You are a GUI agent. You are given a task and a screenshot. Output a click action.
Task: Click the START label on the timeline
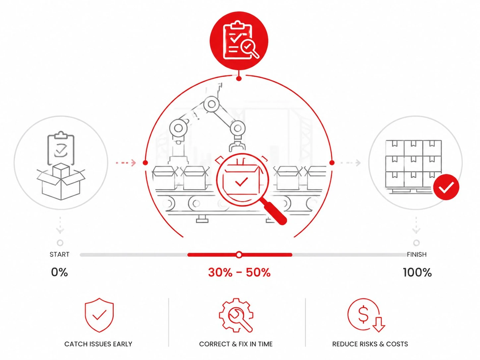tap(59, 255)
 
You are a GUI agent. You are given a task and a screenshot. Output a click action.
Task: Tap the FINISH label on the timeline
tap(417, 255)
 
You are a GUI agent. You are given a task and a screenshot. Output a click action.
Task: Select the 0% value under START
tap(59, 272)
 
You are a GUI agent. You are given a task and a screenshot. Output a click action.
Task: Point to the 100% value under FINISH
tap(417, 272)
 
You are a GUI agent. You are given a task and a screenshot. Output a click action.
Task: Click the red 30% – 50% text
tap(239, 272)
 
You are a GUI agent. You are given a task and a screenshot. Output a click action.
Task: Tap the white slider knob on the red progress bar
tap(239, 255)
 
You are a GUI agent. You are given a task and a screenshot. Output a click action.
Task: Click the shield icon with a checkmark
tap(99, 315)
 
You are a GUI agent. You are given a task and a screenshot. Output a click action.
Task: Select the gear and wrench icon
tap(236, 315)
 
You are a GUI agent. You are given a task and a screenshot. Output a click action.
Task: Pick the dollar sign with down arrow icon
tap(366, 315)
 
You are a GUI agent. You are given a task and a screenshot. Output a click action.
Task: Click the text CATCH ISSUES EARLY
tap(98, 344)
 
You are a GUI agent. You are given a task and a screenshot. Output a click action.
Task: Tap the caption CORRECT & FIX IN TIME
tap(236, 344)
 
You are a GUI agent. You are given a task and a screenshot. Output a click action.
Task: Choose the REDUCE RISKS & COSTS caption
tap(370, 344)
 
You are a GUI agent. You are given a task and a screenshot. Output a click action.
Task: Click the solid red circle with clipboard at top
tap(239, 41)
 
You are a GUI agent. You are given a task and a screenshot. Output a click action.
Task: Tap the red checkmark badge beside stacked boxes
tap(446, 187)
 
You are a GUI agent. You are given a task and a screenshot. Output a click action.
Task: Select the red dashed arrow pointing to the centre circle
tap(126, 163)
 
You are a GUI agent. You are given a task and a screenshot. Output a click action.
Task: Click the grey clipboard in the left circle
tap(61, 148)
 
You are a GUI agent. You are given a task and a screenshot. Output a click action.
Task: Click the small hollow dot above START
tap(60, 243)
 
